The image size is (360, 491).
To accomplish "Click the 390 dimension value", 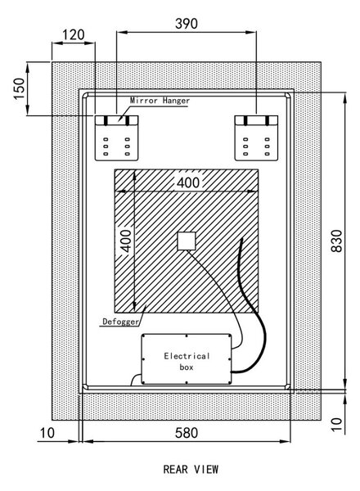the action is click(187, 24).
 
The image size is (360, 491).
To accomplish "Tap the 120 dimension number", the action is click(74, 34).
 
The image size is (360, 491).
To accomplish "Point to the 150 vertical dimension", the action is click(19, 88).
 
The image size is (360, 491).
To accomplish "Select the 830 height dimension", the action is click(337, 241).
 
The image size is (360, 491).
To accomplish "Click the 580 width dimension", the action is click(187, 433).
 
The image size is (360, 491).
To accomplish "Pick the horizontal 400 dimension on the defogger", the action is click(188, 182).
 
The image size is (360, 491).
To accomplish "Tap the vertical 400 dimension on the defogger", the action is click(126, 241).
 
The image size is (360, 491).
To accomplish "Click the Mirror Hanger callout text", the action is click(160, 101).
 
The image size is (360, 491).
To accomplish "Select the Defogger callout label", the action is click(120, 322).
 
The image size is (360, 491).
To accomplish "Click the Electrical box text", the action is click(187, 362).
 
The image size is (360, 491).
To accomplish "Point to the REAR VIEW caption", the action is click(191, 470).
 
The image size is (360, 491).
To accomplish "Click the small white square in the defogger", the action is click(187, 241).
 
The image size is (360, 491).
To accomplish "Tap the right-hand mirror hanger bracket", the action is click(256, 138).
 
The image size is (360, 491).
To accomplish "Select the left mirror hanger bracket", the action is click(116, 138).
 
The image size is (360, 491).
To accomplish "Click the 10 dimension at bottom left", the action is click(47, 433).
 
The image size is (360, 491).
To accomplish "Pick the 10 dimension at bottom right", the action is click(337, 424).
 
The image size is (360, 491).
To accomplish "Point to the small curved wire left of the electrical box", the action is click(135, 379).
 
